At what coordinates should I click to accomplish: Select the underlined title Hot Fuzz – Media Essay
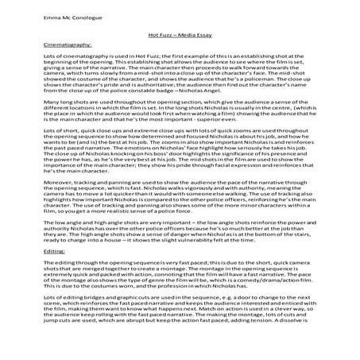click(x=179, y=33)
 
